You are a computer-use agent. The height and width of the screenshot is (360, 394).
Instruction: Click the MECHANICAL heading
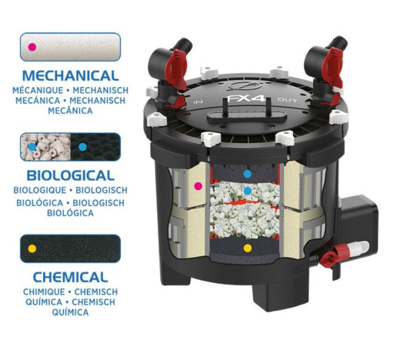tap(71, 75)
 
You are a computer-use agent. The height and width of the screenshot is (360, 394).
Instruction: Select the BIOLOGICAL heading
tap(71, 175)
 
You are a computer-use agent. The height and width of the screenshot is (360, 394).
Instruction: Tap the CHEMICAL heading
tap(71, 277)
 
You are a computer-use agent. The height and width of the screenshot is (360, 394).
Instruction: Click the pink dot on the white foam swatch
tap(32, 47)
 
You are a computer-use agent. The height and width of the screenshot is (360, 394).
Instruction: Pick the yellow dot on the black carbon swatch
tap(32, 248)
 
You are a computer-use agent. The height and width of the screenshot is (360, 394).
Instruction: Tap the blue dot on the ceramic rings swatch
tap(32, 147)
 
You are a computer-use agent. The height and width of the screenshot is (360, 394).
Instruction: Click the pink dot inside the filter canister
tap(198, 186)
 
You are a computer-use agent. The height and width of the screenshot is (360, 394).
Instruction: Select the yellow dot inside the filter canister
tap(248, 248)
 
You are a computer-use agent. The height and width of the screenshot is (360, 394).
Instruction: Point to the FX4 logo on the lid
tap(246, 98)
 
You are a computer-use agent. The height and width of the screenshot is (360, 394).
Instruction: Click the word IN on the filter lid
tap(198, 102)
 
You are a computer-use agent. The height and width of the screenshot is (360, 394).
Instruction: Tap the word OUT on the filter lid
tap(288, 100)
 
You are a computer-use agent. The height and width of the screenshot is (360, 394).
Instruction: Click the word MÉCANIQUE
tap(38, 90)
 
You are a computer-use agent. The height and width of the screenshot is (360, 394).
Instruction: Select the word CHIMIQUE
tap(44, 292)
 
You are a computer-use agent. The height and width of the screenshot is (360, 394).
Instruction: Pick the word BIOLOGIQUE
tap(40, 190)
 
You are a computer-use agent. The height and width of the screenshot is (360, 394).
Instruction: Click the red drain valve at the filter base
tap(331, 256)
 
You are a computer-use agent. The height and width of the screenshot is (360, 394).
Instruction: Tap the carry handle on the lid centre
tap(247, 115)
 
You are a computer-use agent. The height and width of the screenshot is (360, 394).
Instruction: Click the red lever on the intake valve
tap(175, 69)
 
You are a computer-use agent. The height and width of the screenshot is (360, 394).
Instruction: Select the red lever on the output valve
tap(334, 67)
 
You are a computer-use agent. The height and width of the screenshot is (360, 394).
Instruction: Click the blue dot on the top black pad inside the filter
tap(248, 174)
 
